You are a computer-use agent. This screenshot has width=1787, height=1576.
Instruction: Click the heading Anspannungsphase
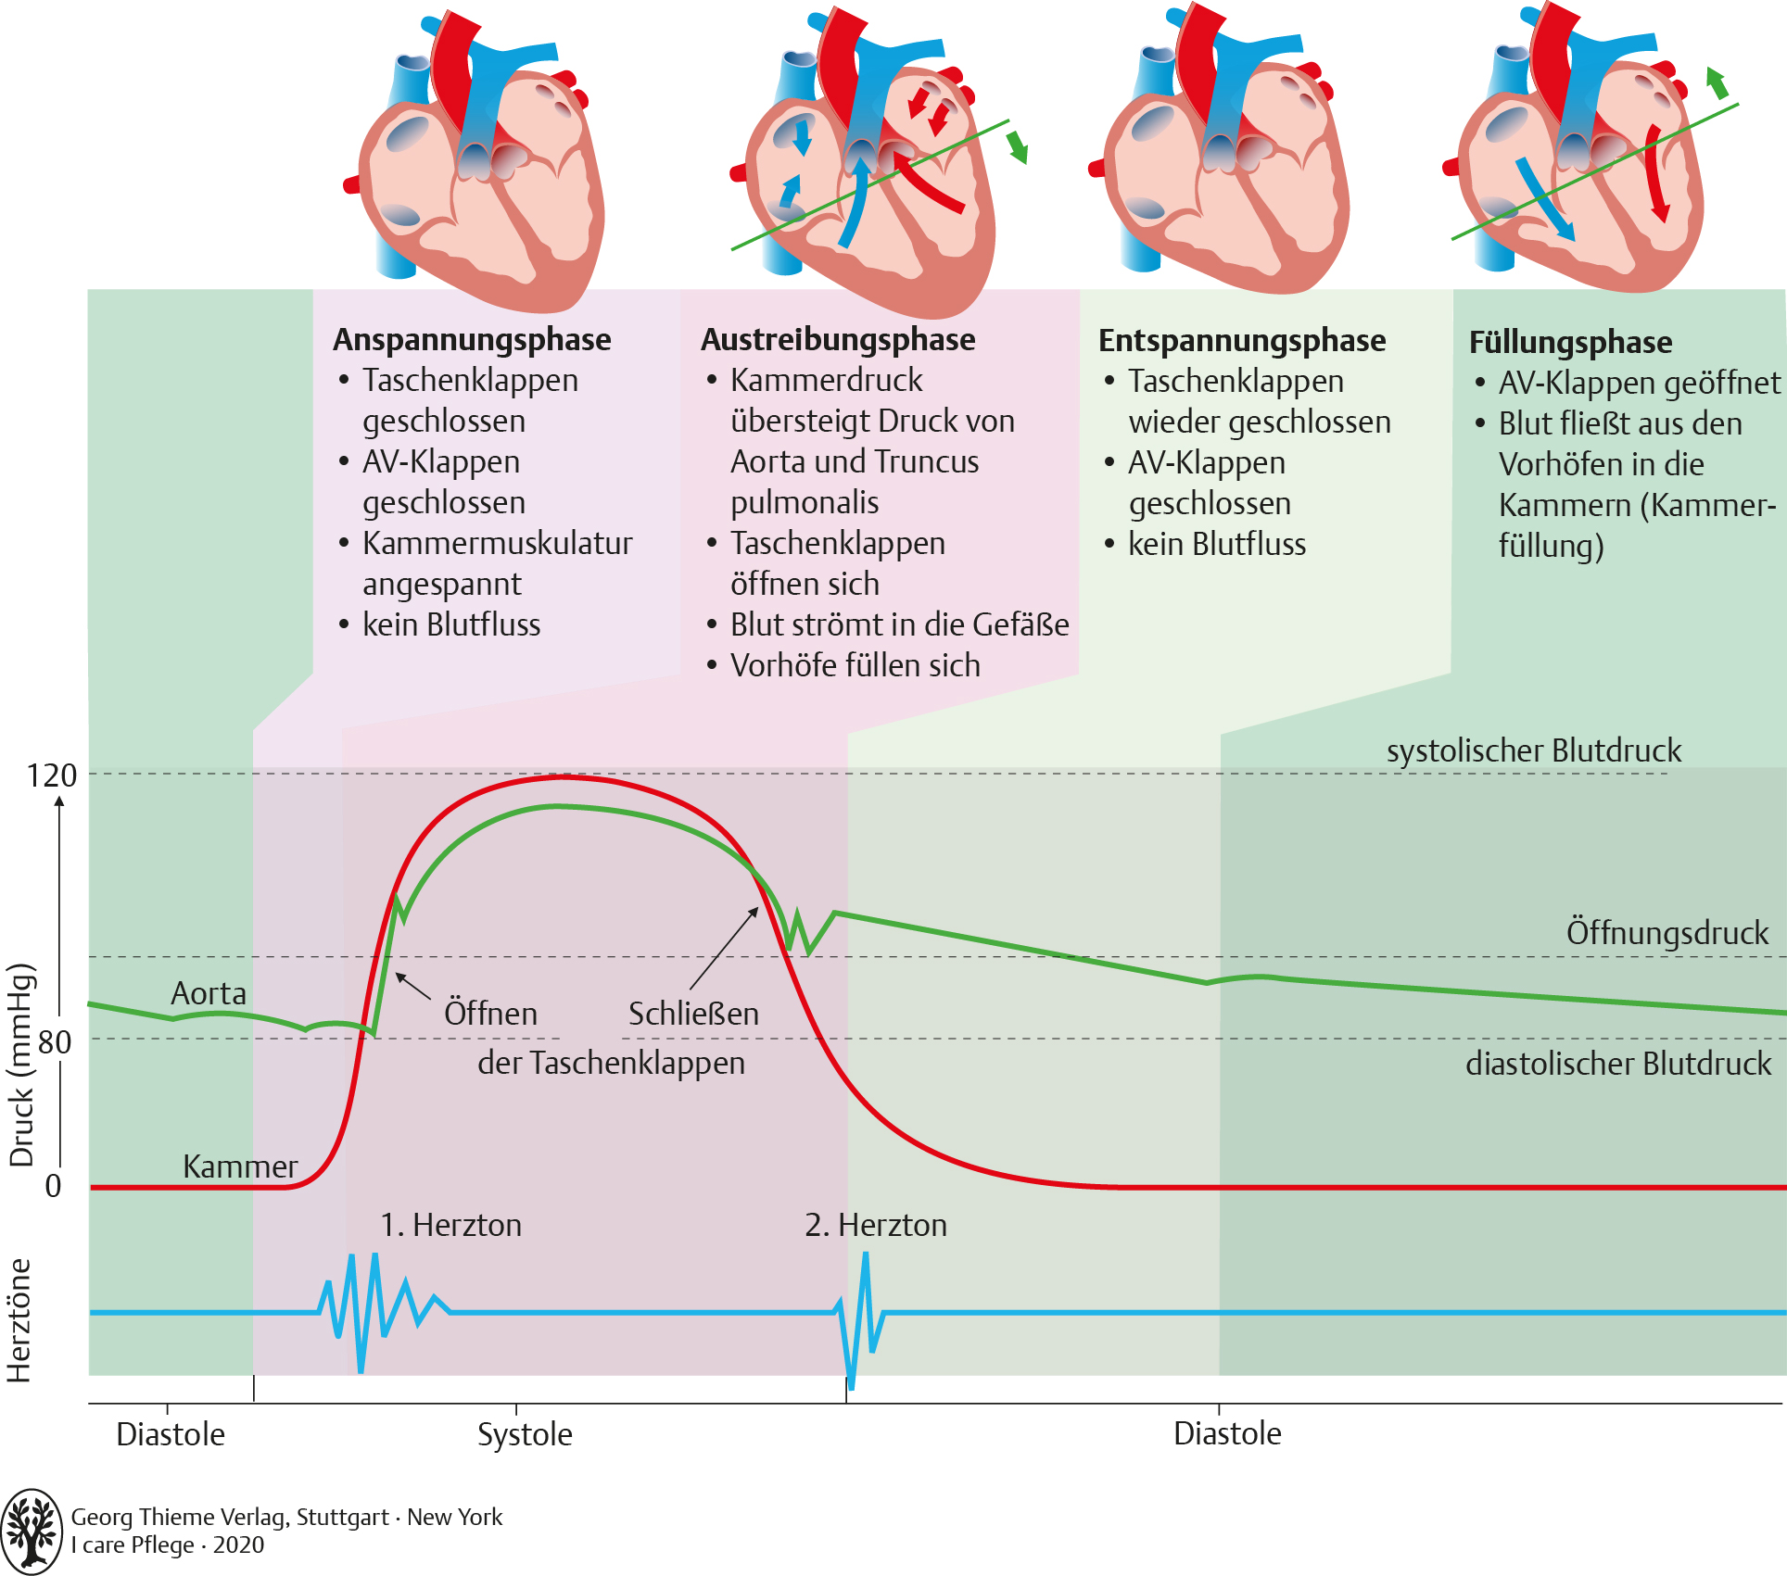click(x=472, y=340)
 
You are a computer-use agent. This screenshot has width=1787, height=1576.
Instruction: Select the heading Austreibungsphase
click(x=838, y=340)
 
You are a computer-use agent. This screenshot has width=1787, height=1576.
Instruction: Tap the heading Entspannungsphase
click(x=1242, y=341)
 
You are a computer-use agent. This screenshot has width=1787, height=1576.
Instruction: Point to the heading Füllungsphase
click(x=1570, y=343)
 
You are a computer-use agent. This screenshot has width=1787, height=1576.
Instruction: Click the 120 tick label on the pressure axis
click(x=52, y=775)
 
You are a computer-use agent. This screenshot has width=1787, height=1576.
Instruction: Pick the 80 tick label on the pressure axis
click(x=55, y=1042)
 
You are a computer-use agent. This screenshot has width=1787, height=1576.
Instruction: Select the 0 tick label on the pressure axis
click(x=54, y=1186)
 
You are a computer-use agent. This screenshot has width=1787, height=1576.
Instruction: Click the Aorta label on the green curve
click(x=209, y=994)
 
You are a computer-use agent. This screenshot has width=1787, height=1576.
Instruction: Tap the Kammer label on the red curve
click(x=240, y=1166)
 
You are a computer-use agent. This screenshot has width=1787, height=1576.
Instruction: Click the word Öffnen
click(x=490, y=1014)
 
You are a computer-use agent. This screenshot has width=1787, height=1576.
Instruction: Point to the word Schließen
click(x=693, y=1014)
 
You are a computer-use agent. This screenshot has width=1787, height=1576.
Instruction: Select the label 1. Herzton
click(x=450, y=1225)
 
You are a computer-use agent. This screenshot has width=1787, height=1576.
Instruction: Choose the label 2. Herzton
click(x=875, y=1225)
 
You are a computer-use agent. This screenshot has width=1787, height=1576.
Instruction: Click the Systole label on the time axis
click(x=525, y=1434)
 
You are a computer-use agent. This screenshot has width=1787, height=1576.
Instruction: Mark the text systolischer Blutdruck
click(x=1533, y=750)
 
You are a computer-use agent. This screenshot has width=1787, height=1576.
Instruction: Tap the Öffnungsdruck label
click(x=1667, y=933)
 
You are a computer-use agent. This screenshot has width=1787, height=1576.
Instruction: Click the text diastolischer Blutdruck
click(x=1617, y=1064)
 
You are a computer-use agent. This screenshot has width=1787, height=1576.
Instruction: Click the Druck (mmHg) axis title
click(x=22, y=1065)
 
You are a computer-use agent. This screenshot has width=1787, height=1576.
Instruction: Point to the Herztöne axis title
click(x=19, y=1320)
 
